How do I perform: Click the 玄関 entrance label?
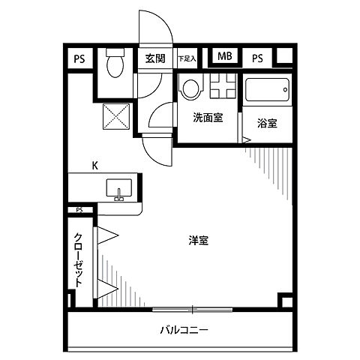point(155,58)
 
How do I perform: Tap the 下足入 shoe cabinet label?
point(186,58)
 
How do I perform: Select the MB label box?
point(223,57)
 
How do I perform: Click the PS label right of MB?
point(257,58)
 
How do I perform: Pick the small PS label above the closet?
point(79,210)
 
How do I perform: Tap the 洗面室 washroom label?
point(207,118)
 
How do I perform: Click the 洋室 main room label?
point(199,241)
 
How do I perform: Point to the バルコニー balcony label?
point(184,330)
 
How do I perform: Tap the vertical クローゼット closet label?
point(79,259)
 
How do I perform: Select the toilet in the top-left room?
point(115,65)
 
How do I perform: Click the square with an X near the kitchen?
point(116,117)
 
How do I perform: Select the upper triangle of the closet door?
point(107,235)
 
